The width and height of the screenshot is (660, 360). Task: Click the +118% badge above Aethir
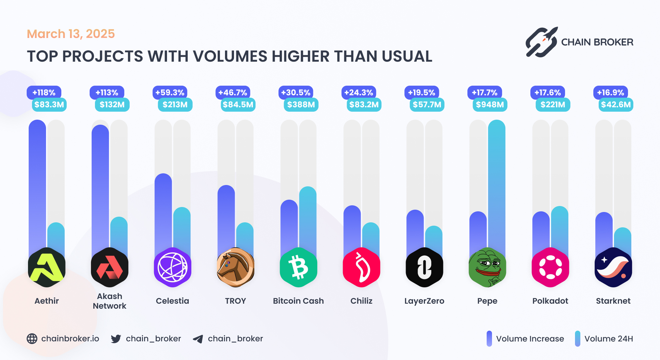tap(44, 92)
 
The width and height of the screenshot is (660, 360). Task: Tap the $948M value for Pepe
tap(490, 105)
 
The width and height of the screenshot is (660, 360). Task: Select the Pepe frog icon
tap(487, 267)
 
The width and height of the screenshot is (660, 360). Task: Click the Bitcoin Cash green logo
tap(298, 267)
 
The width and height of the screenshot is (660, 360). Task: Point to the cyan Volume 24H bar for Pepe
tap(497, 183)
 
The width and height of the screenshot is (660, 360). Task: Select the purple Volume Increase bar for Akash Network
tap(100, 187)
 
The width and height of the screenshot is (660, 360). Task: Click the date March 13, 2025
tap(71, 34)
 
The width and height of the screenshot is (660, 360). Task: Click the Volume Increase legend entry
tap(526, 339)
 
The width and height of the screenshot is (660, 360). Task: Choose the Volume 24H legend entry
tap(604, 339)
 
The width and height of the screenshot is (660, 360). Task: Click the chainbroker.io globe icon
tap(32, 339)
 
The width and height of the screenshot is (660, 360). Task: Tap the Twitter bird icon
tap(116, 339)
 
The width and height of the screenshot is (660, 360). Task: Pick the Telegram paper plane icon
tap(198, 339)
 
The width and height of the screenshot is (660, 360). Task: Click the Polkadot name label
tap(550, 301)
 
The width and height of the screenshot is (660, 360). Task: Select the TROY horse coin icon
tap(235, 267)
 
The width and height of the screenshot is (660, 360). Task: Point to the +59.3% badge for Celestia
tap(170, 92)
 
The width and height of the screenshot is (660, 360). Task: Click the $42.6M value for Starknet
tap(616, 105)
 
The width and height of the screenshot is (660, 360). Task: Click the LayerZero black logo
tap(424, 267)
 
